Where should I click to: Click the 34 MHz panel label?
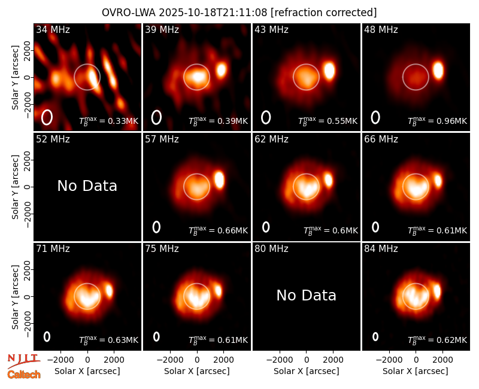click(x=53, y=29)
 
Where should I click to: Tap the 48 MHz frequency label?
click(x=381, y=29)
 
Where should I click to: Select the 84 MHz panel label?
click(x=381, y=249)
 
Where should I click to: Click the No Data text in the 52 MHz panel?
click(x=87, y=186)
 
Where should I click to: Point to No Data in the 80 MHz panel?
click(x=307, y=295)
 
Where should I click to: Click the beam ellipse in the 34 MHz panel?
click(x=47, y=117)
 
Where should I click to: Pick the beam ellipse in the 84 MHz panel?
click(x=375, y=336)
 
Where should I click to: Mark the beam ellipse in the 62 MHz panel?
click(x=266, y=227)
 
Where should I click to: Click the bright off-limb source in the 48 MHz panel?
click(x=438, y=70)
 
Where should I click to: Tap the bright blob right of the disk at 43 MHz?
click(x=329, y=71)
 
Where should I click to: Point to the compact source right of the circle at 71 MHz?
click(x=109, y=290)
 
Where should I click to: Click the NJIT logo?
click(x=23, y=360)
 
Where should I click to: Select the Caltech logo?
click(x=24, y=375)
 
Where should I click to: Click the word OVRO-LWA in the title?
click(x=129, y=13)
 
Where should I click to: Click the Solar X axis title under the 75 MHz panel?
click(x=197, y=371)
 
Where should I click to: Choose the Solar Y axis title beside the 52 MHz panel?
click(x=15, y=187)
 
